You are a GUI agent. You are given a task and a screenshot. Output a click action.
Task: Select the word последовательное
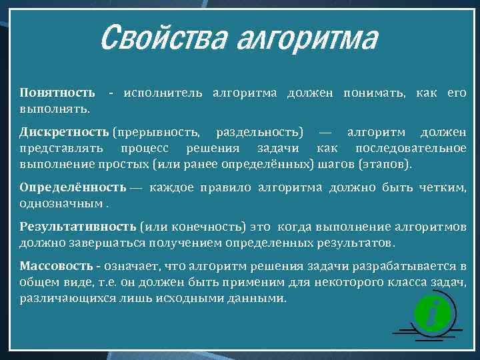click(411, 147)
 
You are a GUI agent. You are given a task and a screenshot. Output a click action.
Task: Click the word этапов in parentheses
click(385, 163)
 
